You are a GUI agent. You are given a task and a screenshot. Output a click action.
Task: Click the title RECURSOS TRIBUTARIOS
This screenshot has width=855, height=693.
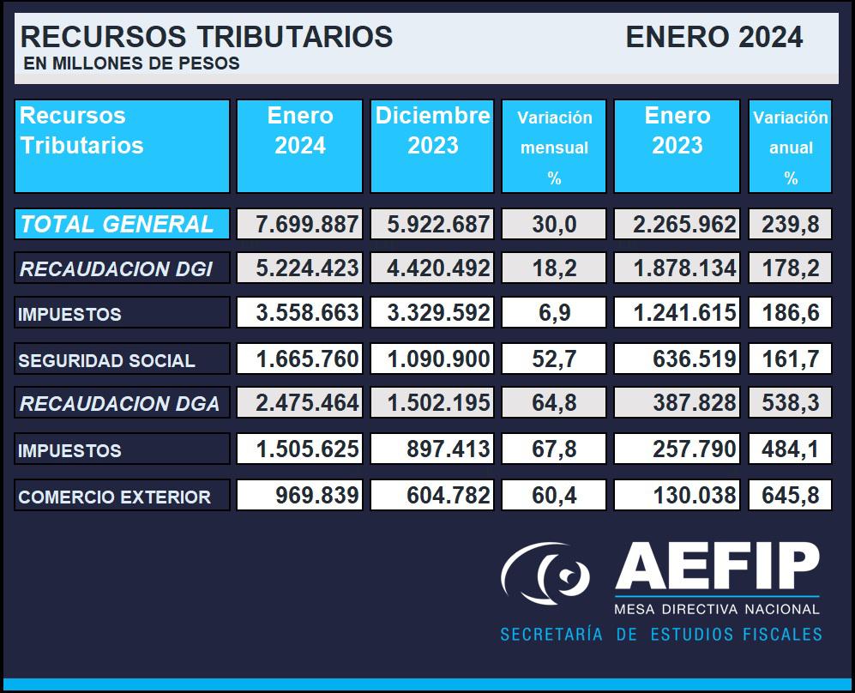click(206, 37)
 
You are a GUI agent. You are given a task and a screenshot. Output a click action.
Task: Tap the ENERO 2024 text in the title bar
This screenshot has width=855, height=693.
click(714, 37)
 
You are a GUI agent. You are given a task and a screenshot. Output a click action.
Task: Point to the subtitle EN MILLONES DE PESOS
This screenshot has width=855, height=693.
click(132, 63)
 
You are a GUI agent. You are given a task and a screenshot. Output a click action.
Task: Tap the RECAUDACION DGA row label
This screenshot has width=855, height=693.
click(119, 404)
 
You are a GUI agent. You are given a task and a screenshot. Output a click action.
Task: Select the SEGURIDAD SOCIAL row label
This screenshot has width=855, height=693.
click(106, 361)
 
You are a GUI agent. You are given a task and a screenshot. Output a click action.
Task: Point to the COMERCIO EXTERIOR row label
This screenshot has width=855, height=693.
click(114, 497)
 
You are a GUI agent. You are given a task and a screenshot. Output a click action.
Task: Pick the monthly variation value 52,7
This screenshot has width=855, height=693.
click(554, 359)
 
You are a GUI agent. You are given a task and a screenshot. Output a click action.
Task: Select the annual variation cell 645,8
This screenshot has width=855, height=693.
click(790, 495)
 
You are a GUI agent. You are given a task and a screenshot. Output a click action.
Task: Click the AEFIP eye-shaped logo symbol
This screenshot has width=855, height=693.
click(546, 574)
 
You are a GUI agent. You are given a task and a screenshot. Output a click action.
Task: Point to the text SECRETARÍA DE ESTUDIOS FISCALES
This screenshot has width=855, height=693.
click(661, 635)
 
